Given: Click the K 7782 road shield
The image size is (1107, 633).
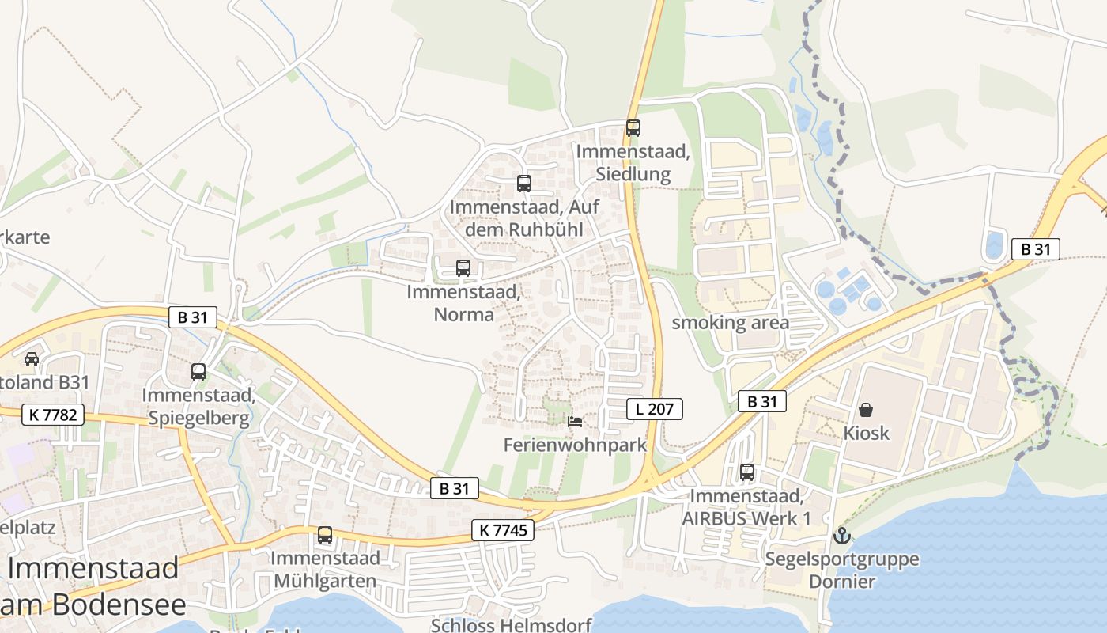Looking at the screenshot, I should [53, 414].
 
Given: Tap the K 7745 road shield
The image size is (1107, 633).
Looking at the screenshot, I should [503, 530].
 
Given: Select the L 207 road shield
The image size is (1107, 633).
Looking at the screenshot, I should [654, 409].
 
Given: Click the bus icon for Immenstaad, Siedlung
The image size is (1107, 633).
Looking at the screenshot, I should [633, 127].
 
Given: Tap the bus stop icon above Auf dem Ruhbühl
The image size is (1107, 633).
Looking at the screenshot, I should [523, 184].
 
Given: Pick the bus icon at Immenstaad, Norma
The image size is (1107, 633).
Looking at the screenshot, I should [463, 268].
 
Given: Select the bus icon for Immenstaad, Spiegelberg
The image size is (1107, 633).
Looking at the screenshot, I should [198, 371].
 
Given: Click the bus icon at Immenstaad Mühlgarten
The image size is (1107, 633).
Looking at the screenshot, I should [324, 535].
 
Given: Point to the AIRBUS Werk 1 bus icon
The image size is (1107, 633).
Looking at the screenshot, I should [747, 472].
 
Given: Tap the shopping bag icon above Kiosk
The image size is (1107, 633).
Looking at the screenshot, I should [866, 410].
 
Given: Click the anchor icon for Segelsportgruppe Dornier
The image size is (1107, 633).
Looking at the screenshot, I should [842, 536].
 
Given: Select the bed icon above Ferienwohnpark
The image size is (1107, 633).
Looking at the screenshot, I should [575, 421].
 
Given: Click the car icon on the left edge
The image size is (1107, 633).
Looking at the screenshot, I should [32, 358].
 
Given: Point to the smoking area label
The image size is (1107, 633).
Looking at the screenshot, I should [730, 323].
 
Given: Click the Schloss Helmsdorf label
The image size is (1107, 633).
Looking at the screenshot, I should [511, 625].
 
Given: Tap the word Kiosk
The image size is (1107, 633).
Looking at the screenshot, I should [867, 434].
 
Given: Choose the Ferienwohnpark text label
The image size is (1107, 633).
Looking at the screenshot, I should [575, 445].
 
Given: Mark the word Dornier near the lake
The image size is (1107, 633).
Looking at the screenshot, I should [842, 582].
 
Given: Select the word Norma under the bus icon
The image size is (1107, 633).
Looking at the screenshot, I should [463, 314].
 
